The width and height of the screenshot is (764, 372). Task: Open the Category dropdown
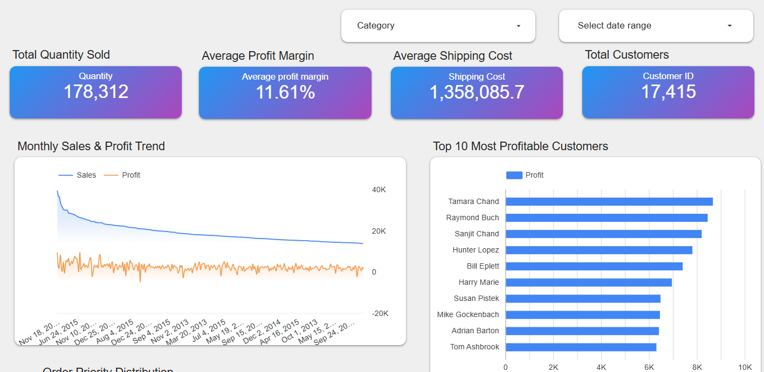[438, 26]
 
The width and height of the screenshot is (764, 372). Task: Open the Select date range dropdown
[656, 26]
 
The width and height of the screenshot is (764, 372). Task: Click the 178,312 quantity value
[96, 92]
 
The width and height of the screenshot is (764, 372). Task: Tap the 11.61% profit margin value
[285, 93]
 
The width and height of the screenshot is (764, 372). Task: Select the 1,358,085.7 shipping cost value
[477, 93]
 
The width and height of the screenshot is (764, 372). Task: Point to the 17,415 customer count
[668, 92]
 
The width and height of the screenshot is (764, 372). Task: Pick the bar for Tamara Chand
[609, 201]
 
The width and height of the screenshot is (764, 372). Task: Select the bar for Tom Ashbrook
[581, 347]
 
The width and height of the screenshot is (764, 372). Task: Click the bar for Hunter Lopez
[598, 250]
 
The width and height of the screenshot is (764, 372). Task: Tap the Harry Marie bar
[588, 283]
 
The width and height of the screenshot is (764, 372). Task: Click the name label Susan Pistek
[476, 299]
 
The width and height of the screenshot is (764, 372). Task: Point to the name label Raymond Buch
[472, 218]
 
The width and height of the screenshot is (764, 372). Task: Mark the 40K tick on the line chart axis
[378, 190]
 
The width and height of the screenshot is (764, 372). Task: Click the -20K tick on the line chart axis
[378, 314]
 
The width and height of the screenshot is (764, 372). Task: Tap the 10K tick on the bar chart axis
[745, 367]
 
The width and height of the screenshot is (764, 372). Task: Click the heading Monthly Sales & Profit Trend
[91, 146]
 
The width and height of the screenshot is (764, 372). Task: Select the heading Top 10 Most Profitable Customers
[520, 146]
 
